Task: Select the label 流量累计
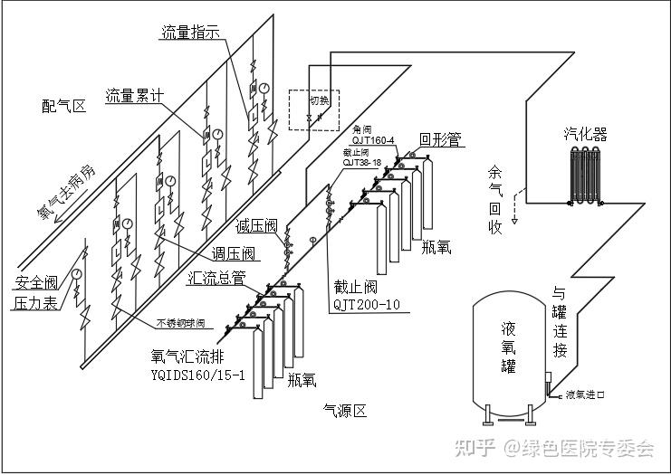[x=136, y=94]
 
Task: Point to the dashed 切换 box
[x=312, y=110]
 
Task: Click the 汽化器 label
[x=586, y=135]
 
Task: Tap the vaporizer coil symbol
[x=586, y=178]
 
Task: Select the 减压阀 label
[x=255, y=225]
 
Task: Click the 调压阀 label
[x=234, y=253]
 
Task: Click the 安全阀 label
[x=35, y=281]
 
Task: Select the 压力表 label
[x=35, y=304]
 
